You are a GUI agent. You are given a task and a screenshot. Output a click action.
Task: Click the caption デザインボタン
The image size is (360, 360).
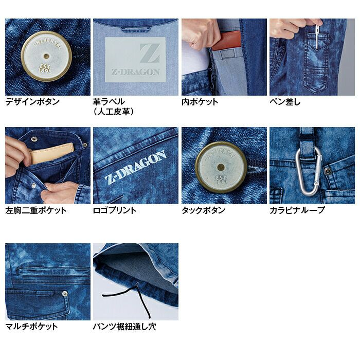pyautogui.click(x=32, y=101)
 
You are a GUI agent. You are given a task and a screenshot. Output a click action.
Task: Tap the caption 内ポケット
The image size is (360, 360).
pyautogui.click(x=200, y=101)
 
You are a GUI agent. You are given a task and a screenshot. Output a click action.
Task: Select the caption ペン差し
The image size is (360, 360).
pyautogui.click(x=285, y=101)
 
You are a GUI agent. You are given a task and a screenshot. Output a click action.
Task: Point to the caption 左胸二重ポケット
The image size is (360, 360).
pyautogui.click(x=36, y=210)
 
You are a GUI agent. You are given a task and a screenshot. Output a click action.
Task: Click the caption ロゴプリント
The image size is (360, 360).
pyautogui.click(x=115, y=210)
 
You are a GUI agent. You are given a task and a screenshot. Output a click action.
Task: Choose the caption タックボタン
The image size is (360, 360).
pyautogui.click(x=204, y=210)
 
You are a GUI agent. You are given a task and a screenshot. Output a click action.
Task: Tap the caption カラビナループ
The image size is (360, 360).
pyautogui.click(x=297, y=210)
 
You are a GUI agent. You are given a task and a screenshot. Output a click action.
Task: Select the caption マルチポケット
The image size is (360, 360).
pyautogui.click(x=31, y=326)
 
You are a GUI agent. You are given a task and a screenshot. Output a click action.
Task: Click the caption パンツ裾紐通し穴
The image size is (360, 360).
pyautogui.click(x=124, y=326)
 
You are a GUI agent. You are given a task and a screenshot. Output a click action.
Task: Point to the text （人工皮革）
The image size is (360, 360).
pyautogui.click(x=114, y=112)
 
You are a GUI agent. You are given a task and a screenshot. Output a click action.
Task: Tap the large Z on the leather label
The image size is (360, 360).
pyautogui.click(x=150, y=53)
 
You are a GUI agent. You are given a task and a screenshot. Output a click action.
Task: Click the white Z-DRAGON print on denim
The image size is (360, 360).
pyautogui.click(x=136, y=167)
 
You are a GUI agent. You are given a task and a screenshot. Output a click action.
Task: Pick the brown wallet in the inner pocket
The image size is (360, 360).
pyautogui.click(x=226, y=41)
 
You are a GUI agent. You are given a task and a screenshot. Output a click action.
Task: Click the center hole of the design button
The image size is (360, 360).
pyautogui.click(x=47, y=56)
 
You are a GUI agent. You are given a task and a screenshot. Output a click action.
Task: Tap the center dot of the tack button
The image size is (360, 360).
pyautogui.click(x=221, y=167)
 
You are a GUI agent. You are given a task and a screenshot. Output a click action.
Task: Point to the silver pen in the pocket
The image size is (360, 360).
pyautogui.click(x=317, y=37)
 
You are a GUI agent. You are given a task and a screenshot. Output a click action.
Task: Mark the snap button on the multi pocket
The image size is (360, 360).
pyautogui.click(x=65, y=294)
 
